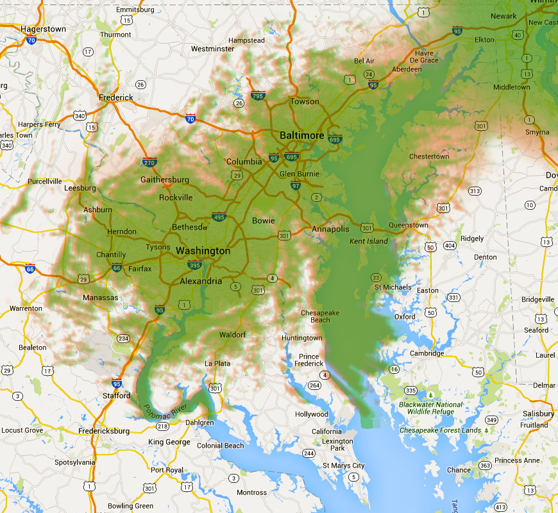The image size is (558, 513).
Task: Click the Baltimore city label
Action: (x=301, y=136)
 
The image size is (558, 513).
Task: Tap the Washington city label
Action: (x=203, y=251)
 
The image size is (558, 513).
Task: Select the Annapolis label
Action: (x=330, y=230)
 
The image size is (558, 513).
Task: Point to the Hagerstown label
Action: (x=43, y=29)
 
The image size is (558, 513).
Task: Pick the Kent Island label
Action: (x=369, y=241)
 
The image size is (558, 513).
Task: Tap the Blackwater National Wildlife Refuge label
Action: (x=430, y=408)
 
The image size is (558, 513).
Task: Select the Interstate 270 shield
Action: (x=149, y=162)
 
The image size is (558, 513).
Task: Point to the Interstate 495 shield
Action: (x=219, y=217)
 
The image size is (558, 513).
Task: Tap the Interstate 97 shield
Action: (x=295, y=186)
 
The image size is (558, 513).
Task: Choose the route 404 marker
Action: (x=450, y=246)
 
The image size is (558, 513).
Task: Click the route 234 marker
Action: (x=124, y=339)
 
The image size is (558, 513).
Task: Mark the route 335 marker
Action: (x=411, y=390)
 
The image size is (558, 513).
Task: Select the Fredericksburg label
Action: (x=105, y=431)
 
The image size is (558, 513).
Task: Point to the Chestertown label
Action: (x=429, y=156)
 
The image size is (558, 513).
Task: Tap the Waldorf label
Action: (x=232, y=335)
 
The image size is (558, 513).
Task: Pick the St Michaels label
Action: (x=393, y=287)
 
